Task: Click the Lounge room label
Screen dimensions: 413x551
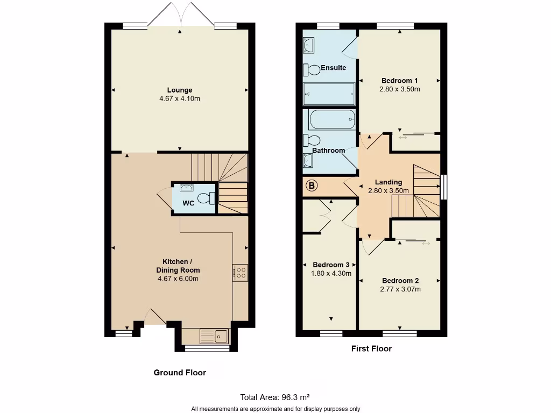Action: point(179,90)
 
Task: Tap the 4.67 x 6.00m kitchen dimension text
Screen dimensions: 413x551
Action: point(178,279)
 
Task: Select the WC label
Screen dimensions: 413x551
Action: point(188,203)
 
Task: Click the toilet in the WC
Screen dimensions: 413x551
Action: point(206,198)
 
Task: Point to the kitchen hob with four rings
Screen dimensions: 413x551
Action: point(240,273)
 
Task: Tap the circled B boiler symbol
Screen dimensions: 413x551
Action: point(312,186)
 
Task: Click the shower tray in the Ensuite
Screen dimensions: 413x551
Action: point(329,94)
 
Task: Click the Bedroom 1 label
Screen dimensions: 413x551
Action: point(400,81)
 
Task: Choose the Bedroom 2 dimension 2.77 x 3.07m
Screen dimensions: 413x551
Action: point(400,289)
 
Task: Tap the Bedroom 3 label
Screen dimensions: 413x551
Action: point(331,265)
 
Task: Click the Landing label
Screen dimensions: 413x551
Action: point(388,182)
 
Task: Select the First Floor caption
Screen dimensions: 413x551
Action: point(371,348)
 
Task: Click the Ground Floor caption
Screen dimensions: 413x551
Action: point(180,372)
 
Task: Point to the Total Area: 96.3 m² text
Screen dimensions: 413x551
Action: point(275,397)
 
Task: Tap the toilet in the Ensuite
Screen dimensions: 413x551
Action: point(310,69)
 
